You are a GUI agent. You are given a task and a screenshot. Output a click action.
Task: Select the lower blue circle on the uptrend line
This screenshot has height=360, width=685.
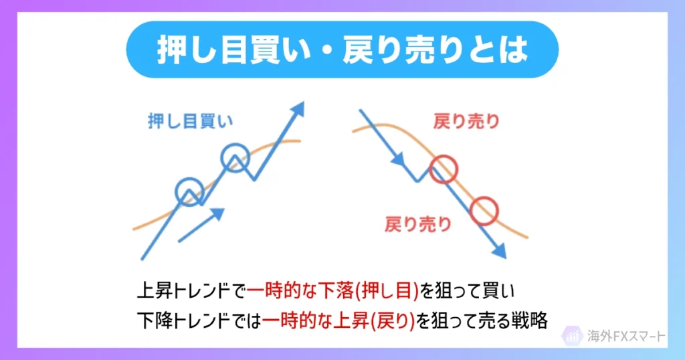tap(189, 191)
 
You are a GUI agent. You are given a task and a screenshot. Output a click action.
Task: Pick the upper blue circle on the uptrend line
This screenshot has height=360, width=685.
tap(235, 157)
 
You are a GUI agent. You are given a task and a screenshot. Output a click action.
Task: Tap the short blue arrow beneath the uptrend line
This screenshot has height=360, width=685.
tap(201, 225)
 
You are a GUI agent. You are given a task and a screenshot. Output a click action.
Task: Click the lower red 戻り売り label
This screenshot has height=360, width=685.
tap(418, 224)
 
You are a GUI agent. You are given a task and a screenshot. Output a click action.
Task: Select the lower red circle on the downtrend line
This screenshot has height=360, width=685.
tap(484, 211)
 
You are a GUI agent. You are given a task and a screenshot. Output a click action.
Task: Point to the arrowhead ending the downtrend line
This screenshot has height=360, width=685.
tap(499, 250)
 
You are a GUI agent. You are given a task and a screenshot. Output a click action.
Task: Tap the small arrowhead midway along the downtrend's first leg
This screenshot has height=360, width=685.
tap(399, 161)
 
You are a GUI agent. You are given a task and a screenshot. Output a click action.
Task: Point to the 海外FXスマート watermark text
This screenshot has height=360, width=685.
tap(626, 336)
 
